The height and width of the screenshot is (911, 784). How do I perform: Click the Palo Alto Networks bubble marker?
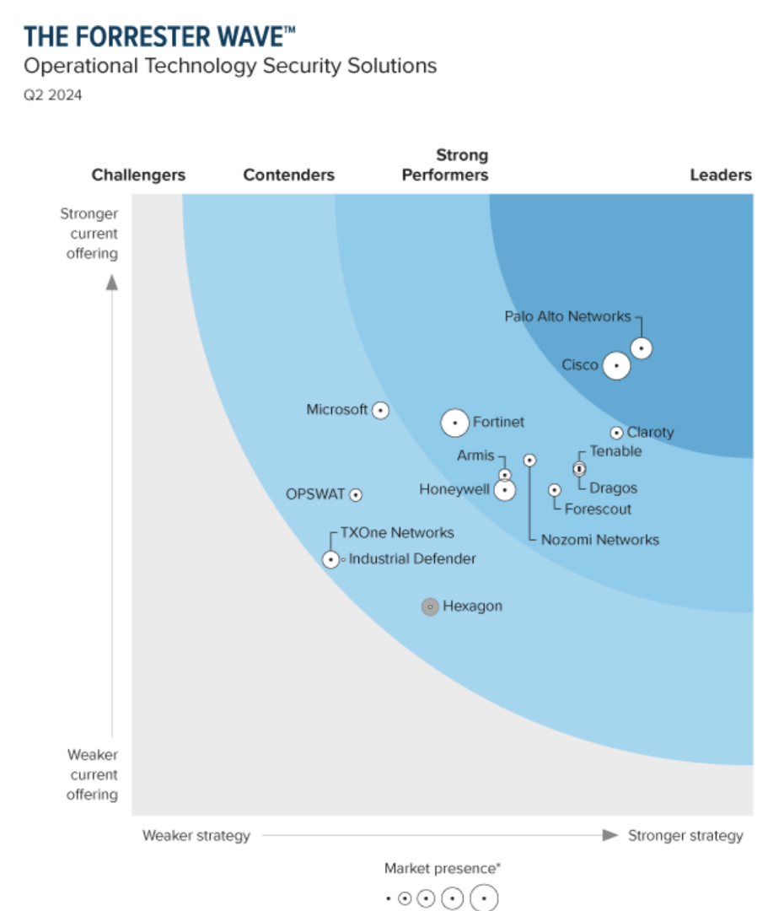click(642, 348)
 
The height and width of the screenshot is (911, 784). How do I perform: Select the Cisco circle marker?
click(617, 366)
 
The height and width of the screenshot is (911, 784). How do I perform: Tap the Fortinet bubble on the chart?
click(455, 422)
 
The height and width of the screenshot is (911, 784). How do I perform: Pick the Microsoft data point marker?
click(380, 410)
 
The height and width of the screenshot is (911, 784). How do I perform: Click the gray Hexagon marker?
click(430, 606)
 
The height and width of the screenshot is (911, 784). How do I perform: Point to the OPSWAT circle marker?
click(356, 495)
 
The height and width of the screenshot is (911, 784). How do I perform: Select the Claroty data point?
click(616, 433)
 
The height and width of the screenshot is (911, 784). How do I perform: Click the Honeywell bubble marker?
click(504, 489)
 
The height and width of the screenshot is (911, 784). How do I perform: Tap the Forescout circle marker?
click(554, 490)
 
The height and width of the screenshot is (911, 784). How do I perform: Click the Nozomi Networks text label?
click(599, 540)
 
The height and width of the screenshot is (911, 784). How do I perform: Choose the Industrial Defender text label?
click(412, 558)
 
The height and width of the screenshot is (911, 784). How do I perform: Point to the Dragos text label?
click(613, 488)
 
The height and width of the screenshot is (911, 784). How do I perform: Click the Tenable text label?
click(615, 451)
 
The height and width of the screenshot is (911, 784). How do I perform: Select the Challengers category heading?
click(138, 175)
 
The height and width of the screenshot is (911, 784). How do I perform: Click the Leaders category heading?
click(721, 175)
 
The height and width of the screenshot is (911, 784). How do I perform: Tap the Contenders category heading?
click(288, 175)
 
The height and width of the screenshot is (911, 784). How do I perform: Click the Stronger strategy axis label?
click(685, 835)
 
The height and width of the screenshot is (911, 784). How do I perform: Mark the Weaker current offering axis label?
click(93, 774)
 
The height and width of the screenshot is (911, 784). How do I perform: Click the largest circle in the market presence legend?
click(484, 898)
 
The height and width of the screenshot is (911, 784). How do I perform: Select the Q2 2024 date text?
click(52, 94)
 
